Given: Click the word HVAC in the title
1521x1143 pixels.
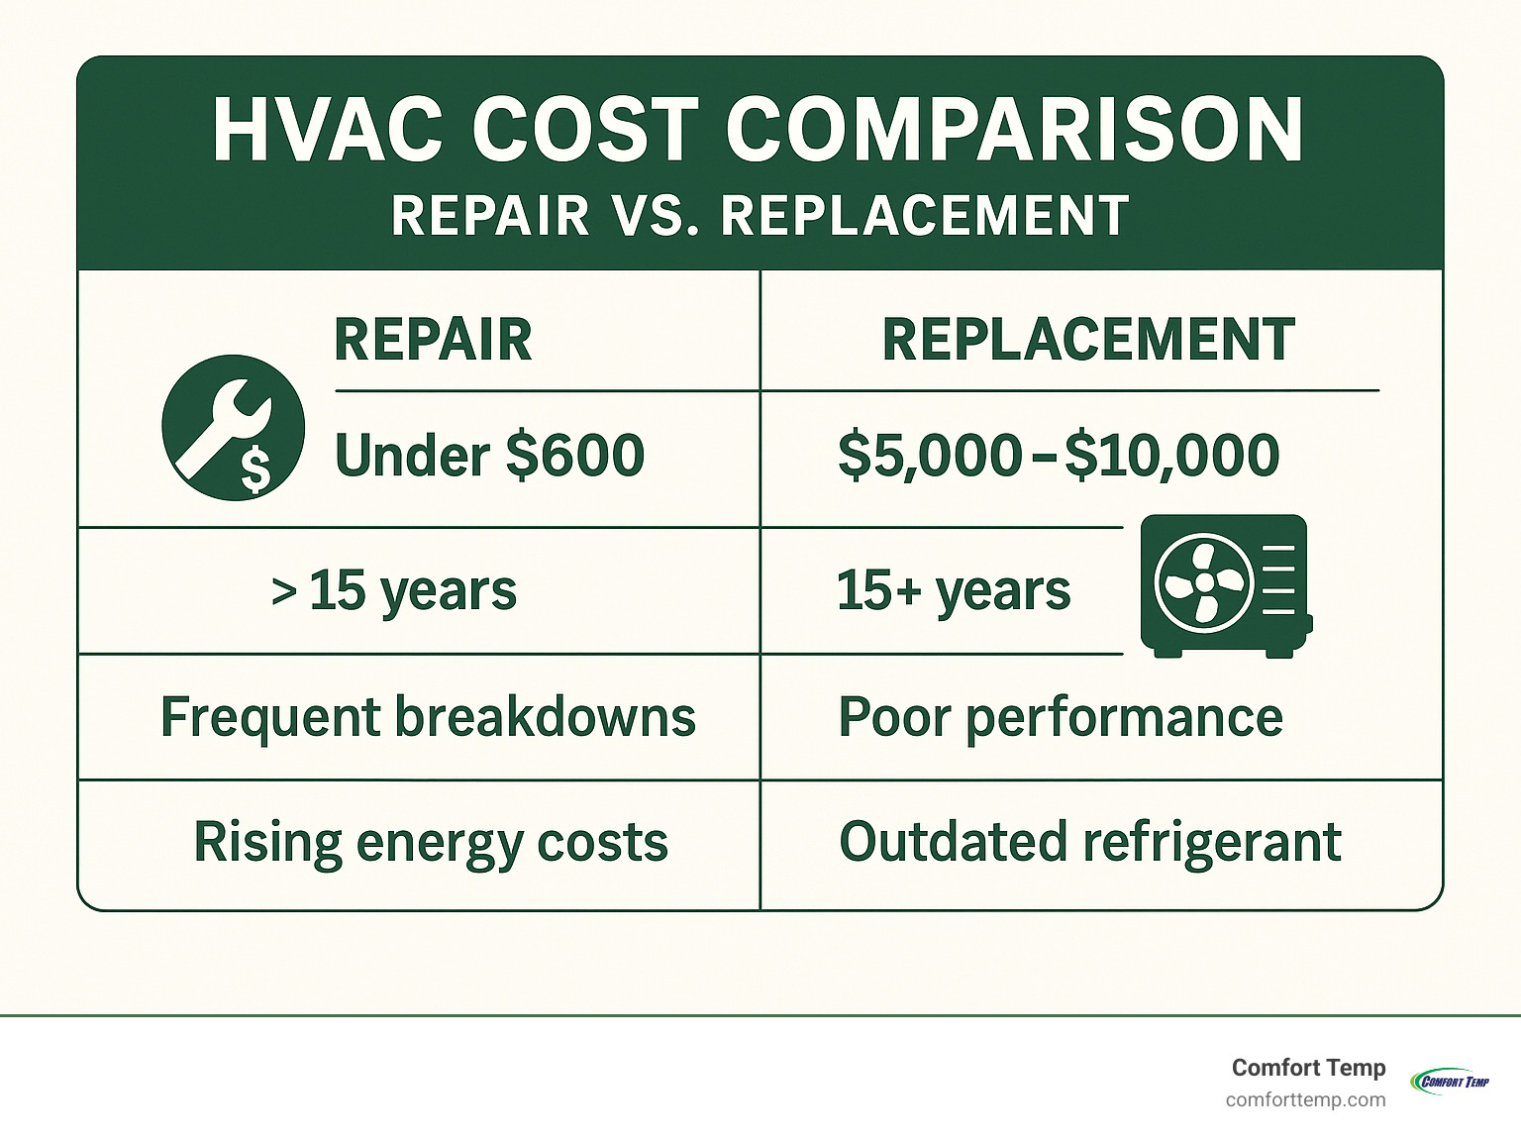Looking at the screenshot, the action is tap(328, 131).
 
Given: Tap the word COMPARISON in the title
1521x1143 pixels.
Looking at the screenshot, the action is tap(1014, 131).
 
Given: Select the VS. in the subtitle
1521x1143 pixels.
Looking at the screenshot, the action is tap(655, 216).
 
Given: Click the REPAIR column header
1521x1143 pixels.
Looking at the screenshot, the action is tap(433, 340).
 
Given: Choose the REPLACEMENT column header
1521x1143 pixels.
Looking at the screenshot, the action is tap(1088, 340).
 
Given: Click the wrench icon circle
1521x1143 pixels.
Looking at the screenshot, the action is tap(234, 428).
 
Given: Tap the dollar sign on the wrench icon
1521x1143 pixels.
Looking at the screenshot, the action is tap(255, 469).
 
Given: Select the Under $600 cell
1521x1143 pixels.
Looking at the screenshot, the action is tap(489, 456).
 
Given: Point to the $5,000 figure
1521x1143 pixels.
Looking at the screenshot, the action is tap(930, 457).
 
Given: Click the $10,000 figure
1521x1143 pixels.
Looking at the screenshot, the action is tap(1171, 457).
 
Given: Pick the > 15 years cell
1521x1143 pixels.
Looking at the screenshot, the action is tap(393, 591).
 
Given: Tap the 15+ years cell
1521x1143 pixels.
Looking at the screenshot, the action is tap(954, 591).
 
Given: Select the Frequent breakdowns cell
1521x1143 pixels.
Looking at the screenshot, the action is tap(428, 717).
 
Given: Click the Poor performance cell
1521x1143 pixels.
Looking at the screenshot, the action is tap(1061, 718).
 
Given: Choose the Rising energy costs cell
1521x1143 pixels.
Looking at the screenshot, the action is tap(431, 843).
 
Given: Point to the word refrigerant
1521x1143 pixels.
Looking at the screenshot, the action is tap(1212, 843).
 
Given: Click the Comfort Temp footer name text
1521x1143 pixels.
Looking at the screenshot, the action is tap(1308, 1068).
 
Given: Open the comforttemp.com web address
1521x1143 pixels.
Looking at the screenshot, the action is tap(1305, 1100).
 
